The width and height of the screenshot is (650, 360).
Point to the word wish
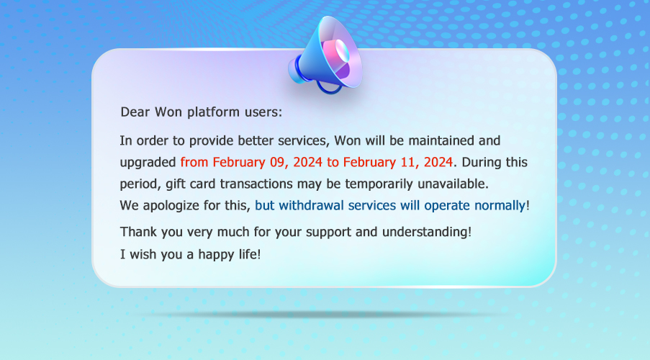pos(141,254)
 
